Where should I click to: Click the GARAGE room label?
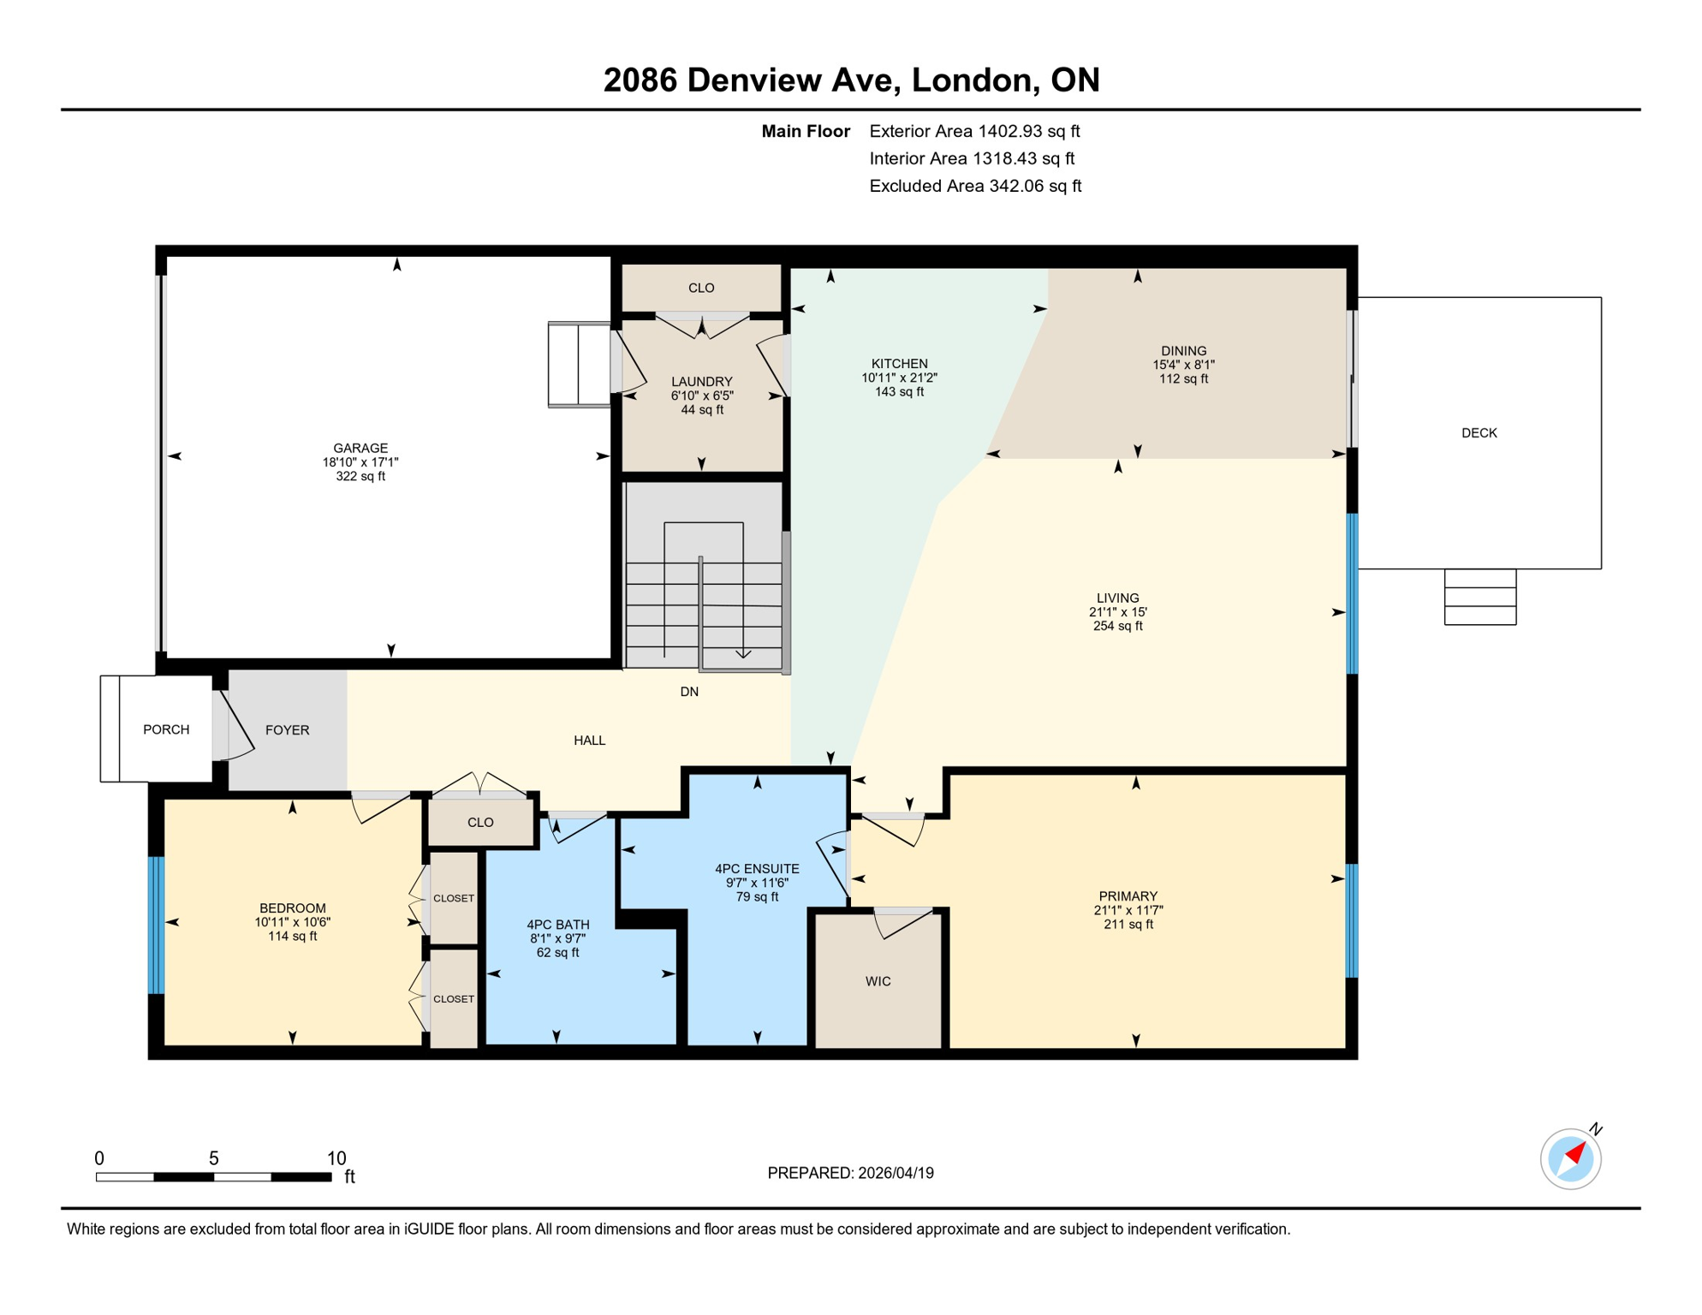(360, 448)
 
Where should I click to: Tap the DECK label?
(1479, 433)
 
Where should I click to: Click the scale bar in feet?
(213, 1177)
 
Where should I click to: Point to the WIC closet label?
(878, 981)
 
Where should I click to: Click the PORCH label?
(166, 729)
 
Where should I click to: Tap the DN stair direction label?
(689, 692)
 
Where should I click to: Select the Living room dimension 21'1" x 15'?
(1117, 612)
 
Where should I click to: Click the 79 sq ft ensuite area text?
(757, 897)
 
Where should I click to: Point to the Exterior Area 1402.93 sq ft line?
(973, 131)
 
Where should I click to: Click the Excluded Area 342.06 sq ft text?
(974, 186)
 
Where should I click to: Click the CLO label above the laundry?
(701, 288)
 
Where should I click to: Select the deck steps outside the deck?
(1479, 597)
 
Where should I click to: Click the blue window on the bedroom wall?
(157, 925)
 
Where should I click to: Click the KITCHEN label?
(899, 364)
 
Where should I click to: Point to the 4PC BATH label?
(557, 925)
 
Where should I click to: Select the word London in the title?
(971, 80)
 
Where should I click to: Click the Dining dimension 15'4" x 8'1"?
(1183, 365)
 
